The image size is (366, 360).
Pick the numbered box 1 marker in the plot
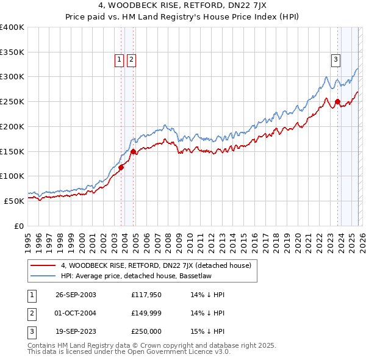coord(118,59)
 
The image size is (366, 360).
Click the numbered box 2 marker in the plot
coord(131,59)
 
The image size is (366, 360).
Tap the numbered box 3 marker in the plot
coord(336,59)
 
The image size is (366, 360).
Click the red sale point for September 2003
coord(121,167)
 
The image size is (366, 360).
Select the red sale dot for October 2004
coord(133,151)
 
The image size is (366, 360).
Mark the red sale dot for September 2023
coord(337,102)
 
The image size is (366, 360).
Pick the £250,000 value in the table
coord(146,331)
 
